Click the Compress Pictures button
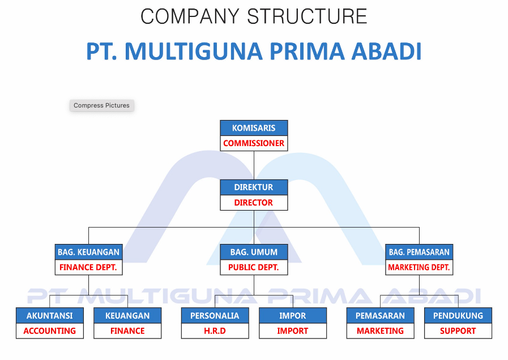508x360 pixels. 102,105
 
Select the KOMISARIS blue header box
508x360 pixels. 254,128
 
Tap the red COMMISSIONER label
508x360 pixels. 254,143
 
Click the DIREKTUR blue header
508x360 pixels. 254,187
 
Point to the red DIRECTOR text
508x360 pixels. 254,203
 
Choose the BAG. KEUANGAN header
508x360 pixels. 88,252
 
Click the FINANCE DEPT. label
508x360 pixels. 88,267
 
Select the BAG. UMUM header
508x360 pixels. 254,252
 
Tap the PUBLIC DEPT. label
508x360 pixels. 254,267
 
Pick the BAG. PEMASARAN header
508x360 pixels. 419,252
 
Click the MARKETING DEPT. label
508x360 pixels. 419,267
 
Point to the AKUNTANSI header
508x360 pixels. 50,316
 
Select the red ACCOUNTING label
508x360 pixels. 50,331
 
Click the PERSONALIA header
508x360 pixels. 215,316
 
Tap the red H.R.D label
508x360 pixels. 215,331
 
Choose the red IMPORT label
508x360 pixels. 293,331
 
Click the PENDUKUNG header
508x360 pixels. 458,316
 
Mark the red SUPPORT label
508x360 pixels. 458,331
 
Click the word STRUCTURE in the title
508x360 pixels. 307,16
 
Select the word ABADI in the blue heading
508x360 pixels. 386,51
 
